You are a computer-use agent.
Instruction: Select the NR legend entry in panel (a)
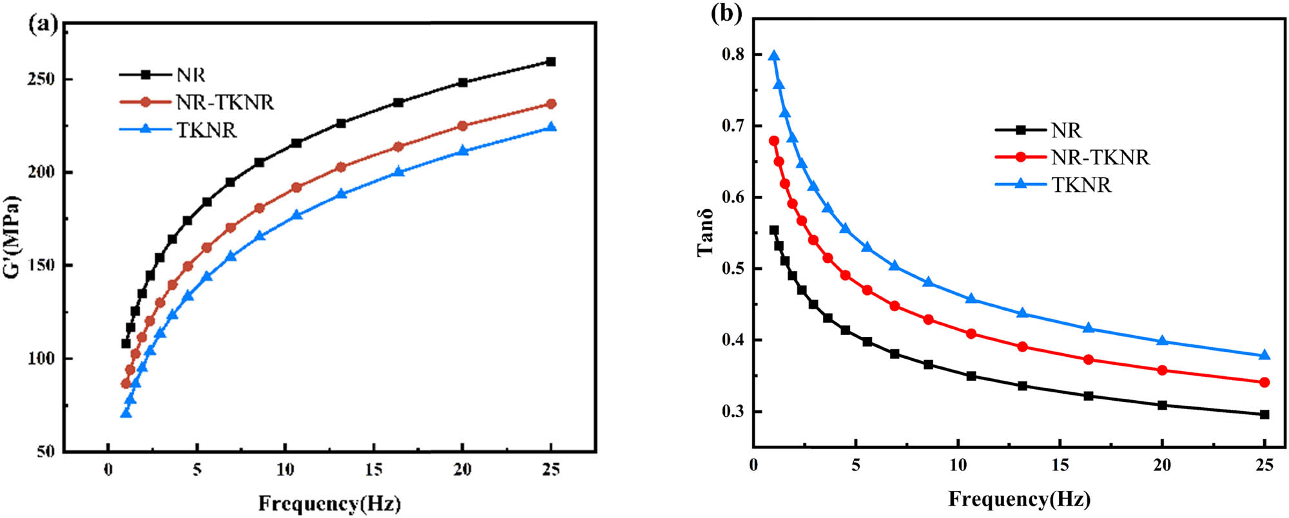(191, 75)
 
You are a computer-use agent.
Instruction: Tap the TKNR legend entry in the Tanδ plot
(1081, 185)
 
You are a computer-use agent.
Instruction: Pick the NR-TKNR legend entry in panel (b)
(1100, 157)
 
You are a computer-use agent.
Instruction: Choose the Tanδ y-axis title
(705, 233)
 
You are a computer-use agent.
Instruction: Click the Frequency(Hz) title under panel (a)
(329, 503)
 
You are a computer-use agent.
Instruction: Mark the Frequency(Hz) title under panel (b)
(1019, 499)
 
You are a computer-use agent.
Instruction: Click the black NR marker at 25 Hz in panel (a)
(551, 62)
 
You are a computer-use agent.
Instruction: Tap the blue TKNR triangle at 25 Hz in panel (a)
(551, 128)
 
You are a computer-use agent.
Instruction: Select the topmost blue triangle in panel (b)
(774, 56)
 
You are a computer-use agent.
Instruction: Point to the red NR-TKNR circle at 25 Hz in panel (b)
(1265, 383)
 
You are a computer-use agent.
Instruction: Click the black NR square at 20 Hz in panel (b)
(1162, 405)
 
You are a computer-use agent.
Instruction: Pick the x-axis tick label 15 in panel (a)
(374, 470)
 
